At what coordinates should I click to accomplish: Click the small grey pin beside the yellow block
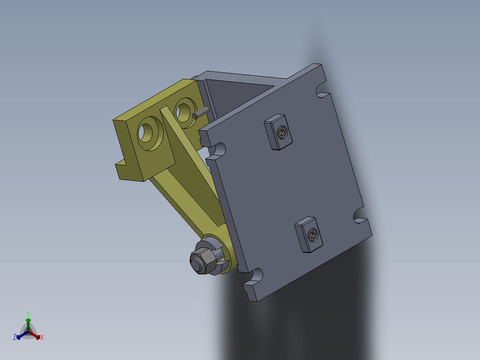pos(201,112)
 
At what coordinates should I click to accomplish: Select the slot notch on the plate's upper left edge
pos(218,150)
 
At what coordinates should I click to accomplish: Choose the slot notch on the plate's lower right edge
pos(359,217)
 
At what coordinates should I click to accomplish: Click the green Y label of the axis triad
pos(28,313)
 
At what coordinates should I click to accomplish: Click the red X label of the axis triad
pos(42,338)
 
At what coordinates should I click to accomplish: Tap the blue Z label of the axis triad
pos(14,338)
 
